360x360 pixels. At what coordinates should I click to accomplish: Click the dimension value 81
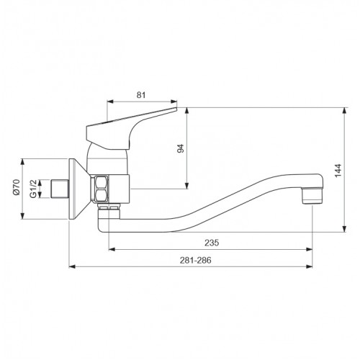pyautogui.click(x=141, y=95)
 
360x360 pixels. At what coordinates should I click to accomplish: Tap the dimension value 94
pyautogui.click(x=180, y=148)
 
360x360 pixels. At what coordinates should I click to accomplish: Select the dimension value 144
pyautogui.click(x=338, y=171)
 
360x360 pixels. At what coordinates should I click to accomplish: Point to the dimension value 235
pyautogui.click(x=212, y=243)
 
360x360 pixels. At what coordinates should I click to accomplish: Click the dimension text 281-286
pyautogui.click(x=196, y=260)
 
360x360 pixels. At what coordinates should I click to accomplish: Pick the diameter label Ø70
pyautogui.click(x=17, y=187)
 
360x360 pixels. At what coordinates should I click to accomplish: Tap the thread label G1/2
pyautogui.click(x=33, y=189)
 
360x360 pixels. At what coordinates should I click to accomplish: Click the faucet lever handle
pyautogui.click(x=132, y=128)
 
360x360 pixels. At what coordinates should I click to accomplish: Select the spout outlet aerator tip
pyautogui.click(x=312, y=196)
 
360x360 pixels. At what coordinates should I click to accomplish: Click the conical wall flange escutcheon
pyautogui.click(x=78, y=189)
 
